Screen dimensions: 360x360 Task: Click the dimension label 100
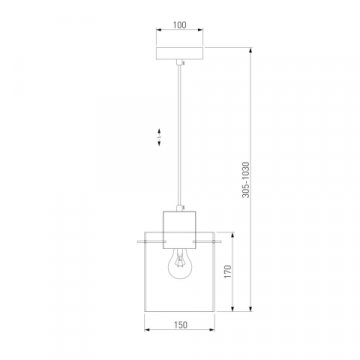pos(180,25)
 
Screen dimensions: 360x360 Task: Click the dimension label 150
pos(180,325)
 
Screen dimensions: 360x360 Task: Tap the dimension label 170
pos(227,272)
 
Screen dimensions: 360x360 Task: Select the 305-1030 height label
pos(246,180)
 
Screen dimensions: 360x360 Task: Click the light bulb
pos(179,264)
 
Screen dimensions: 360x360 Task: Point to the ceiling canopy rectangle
pos(180,53)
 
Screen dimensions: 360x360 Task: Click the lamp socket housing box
pos(179,230)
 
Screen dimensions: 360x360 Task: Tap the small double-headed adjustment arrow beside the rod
pos(159,137)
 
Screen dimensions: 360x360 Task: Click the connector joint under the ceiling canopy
pos(180,62)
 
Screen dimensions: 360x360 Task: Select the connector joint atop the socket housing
pos(180,208)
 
